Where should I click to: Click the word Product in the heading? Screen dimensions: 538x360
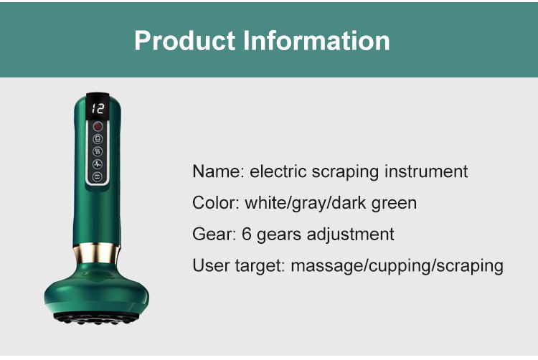pos(184,40)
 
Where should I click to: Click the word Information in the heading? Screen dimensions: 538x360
pos(316,40)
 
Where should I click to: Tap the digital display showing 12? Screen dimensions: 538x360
pos(98,108)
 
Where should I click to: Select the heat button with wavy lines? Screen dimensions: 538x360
pos(98,151)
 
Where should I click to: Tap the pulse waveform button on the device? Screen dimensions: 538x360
pos(98,164)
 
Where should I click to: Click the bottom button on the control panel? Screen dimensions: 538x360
pos(98,176)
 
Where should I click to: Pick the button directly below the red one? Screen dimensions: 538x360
pos(98,139)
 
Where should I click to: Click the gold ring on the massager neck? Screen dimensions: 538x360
pos(96,253)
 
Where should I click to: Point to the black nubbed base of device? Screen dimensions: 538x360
pos(96,318)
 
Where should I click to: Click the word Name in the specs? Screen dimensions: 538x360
pos(218,171)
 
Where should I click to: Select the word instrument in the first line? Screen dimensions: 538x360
pos(426,171)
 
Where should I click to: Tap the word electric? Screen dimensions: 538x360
pos(278,171)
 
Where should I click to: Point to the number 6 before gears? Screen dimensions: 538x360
pos(247,235)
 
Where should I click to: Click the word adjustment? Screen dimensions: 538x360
pos(350,235)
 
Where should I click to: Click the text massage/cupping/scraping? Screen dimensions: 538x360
pos(397,266)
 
